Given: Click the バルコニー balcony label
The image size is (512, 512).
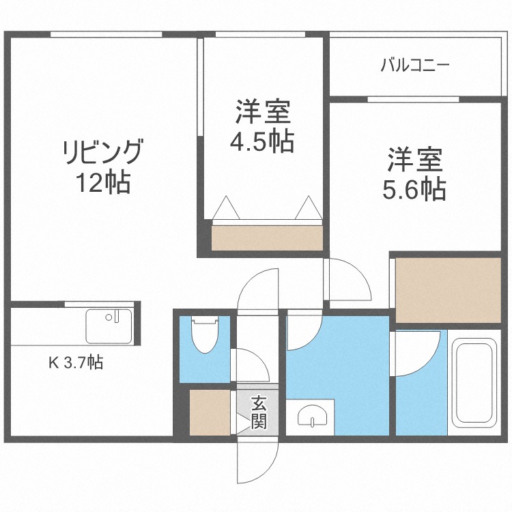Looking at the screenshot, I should pos(414,66).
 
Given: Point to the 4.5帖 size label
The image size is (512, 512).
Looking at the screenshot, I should pos(262,141).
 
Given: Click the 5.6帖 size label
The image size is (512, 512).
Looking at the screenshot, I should pos(415,188).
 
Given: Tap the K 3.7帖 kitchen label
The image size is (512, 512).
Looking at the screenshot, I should pos(75,364).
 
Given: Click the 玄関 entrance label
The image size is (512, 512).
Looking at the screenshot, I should pos(258,412).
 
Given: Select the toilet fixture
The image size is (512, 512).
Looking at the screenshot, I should pos(204,335).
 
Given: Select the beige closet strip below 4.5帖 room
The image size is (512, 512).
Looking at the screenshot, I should pos(267,238).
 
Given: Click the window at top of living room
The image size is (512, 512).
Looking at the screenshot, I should pos(106,35).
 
